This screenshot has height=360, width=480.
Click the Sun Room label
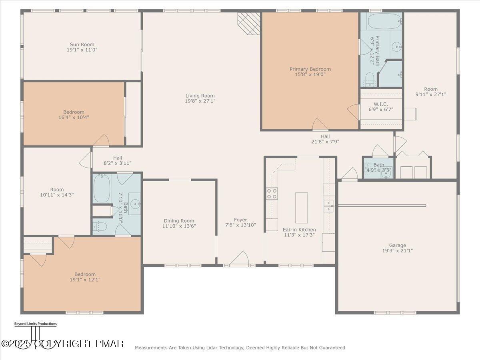point(82,44)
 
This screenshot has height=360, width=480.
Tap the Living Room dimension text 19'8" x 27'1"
point(200,101)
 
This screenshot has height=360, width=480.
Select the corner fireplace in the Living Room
point(248,23)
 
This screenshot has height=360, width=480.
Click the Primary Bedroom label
point(310,69)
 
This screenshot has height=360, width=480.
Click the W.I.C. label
point(381,104)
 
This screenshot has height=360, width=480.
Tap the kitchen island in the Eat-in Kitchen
point(301,208)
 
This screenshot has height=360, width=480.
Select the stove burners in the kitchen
point(272,194)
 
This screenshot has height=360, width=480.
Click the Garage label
point(397,245)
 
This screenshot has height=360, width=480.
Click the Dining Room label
point(179,221)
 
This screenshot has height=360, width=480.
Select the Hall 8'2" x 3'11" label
point(117,158)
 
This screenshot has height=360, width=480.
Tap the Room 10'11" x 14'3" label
point(57,190)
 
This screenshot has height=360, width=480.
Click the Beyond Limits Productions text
point(35,324)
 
